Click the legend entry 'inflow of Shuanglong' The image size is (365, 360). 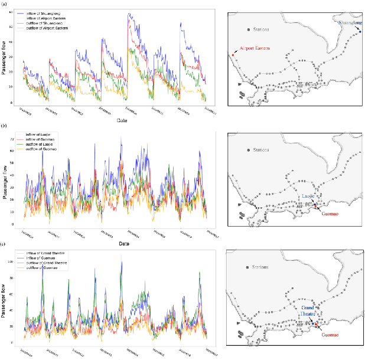click(48, 12)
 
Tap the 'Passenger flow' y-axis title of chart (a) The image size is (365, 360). click(5, 60)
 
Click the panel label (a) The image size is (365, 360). click(5, 4)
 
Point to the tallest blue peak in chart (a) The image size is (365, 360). click(129, 14)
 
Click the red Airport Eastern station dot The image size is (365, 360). click(233, 54)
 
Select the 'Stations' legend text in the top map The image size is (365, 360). click(260, 29)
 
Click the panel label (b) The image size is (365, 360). click(5, 126)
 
